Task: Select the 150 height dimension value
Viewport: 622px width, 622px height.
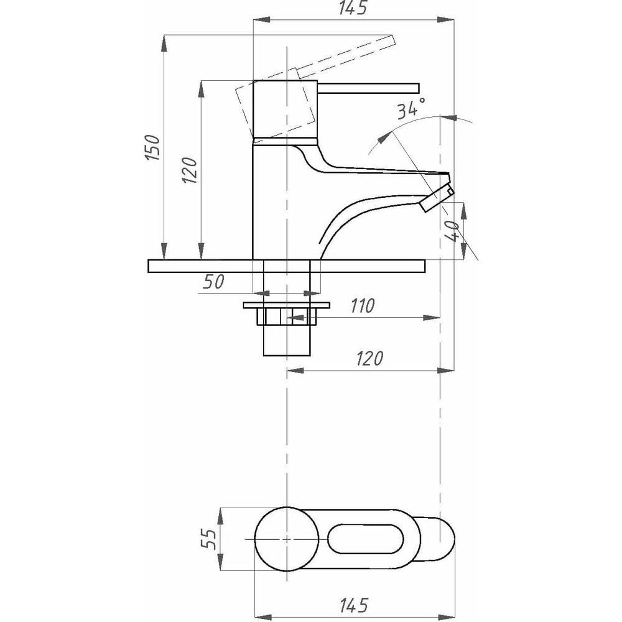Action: coord(154,147)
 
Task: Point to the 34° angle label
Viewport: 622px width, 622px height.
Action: coord(411,108)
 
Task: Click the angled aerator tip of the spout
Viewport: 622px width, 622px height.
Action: coord(438,196)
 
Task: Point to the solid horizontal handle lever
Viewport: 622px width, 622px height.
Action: coord(370,86)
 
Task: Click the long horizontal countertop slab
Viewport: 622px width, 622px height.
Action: coord(286,266)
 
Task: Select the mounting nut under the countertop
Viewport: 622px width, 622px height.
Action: coord(286,314)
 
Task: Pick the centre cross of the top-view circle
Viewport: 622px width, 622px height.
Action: coord(285,539)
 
